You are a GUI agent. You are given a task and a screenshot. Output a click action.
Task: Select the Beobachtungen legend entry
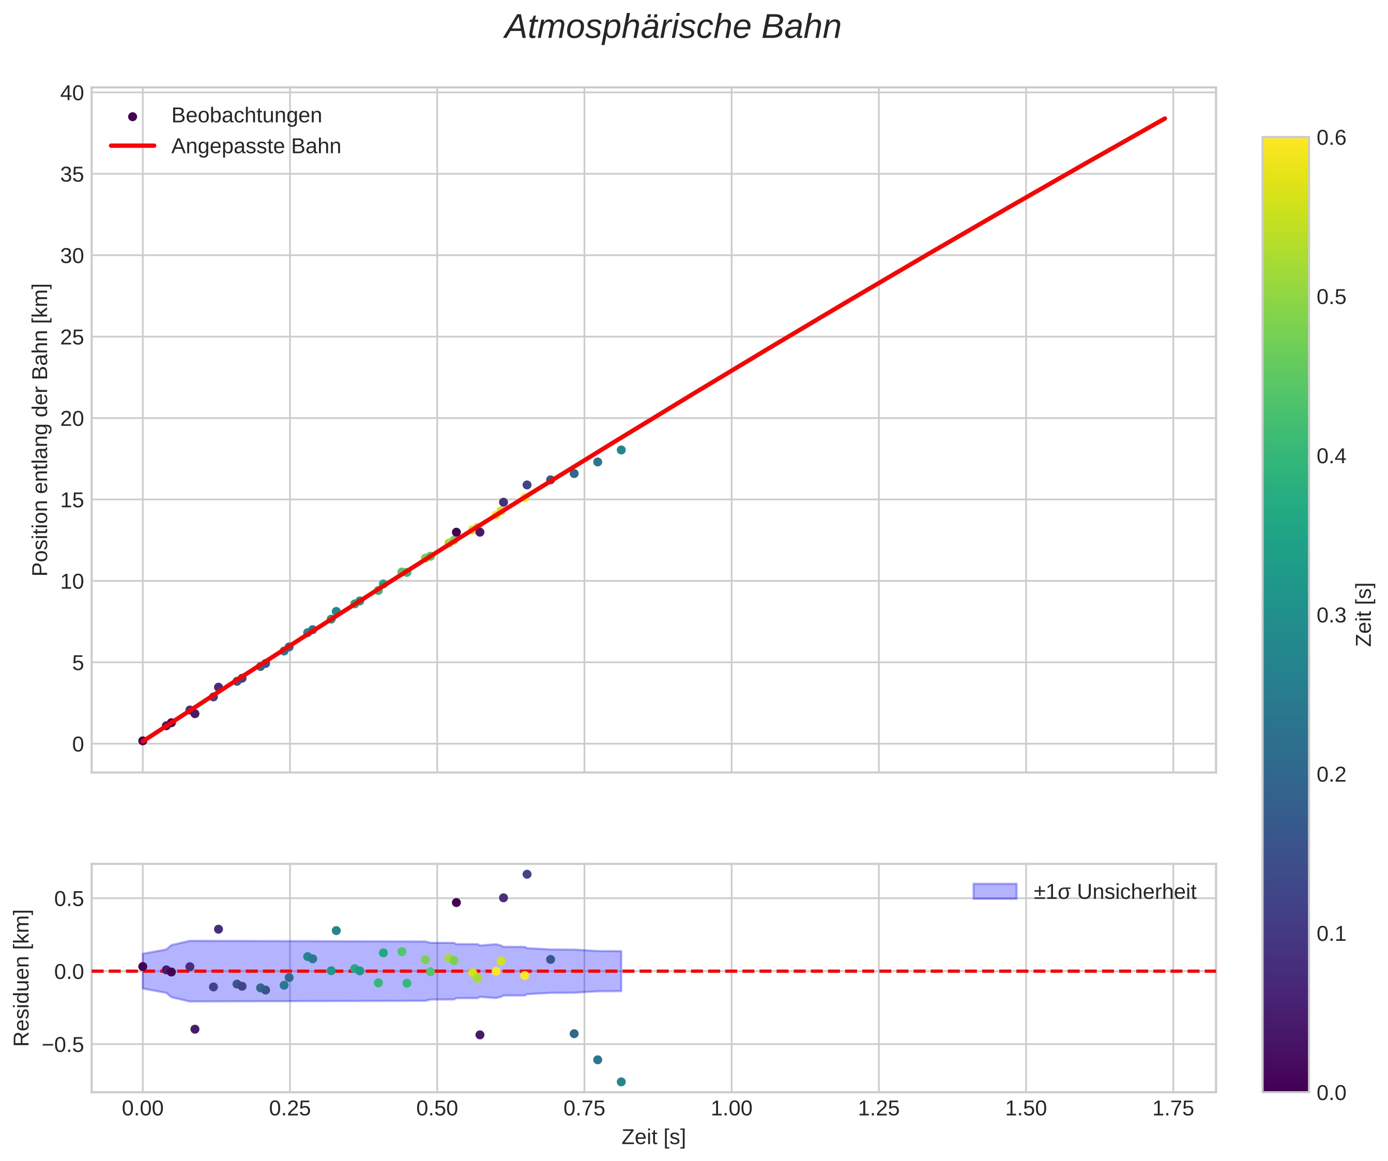point(246,116)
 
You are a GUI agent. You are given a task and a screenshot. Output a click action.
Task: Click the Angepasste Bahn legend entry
point(256,146)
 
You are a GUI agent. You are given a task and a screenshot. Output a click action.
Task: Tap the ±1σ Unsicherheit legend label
point(1115,892)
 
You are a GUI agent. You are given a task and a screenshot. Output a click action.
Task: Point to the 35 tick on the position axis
point(73,174)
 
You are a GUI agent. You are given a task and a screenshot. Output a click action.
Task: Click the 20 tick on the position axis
point(73,419)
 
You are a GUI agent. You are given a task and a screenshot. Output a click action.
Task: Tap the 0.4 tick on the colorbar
point(1331,456)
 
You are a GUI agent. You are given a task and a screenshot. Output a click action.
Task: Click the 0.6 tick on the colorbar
point(1331,138)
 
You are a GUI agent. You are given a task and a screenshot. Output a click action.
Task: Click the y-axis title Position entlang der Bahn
point(41,430)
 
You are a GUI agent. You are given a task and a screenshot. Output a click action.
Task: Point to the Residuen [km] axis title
point(22,978)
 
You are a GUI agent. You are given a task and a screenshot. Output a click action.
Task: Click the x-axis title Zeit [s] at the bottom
point(653,1137)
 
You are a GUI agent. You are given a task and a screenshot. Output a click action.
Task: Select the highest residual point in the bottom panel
point(527,874)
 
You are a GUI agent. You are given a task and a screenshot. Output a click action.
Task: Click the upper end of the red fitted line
point(1165,119)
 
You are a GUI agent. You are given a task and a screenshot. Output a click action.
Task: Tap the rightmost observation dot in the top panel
point(621,450)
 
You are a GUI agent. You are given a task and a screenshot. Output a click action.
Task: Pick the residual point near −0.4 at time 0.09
point(195,1029)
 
